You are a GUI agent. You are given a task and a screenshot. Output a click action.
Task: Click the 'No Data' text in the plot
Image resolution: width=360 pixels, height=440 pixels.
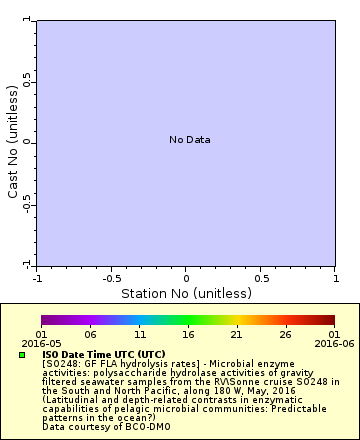point(189,140)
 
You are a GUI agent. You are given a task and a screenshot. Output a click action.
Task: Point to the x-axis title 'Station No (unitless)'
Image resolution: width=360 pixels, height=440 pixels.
point(185,294)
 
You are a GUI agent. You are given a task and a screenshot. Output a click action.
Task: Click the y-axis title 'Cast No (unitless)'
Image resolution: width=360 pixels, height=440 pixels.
point(13,141)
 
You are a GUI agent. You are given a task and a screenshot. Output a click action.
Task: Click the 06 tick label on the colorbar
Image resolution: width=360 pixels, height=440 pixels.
point(90,334)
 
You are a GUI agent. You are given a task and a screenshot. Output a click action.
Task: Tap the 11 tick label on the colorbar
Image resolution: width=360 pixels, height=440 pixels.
point(139,334)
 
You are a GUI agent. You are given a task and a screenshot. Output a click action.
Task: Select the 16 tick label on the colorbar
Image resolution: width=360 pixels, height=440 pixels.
point(188,334)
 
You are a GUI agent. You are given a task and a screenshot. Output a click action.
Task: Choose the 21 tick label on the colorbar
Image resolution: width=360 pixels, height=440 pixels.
point(237,334)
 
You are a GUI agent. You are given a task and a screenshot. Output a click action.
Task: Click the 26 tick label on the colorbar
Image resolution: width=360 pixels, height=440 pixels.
point(286,334)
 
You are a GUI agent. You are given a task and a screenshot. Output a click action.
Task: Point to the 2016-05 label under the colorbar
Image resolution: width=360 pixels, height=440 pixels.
point(41,343)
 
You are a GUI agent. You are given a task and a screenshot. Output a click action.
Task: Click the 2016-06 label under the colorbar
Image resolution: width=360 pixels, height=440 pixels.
point(334,343)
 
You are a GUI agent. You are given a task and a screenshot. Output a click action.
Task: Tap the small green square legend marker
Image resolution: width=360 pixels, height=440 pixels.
point(22,355)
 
